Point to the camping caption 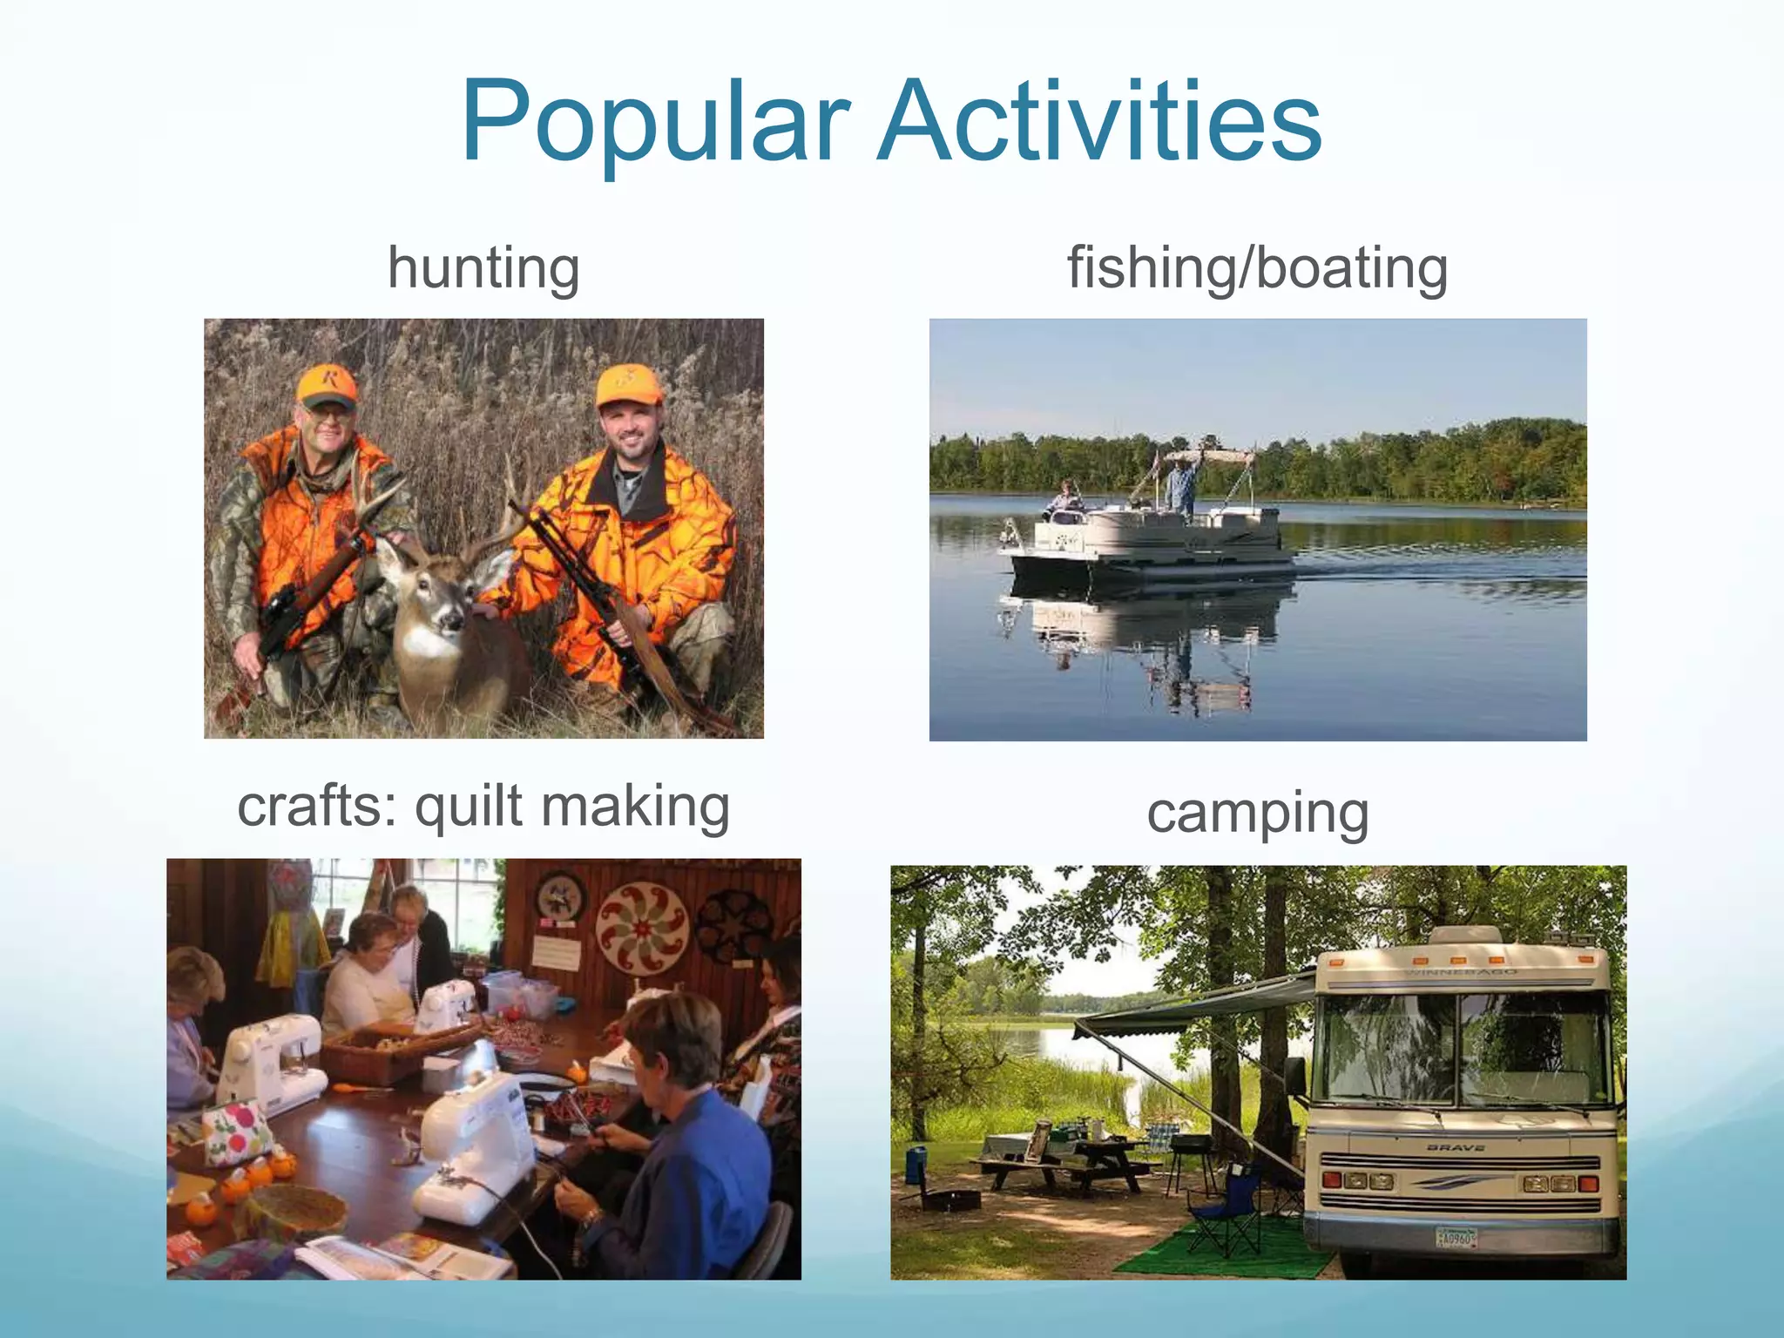[1257, 814]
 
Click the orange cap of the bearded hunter [629, 385]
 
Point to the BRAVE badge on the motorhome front [1456, 1148]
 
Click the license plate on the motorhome [1456, 1237]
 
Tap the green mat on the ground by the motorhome [1220, 1254]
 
